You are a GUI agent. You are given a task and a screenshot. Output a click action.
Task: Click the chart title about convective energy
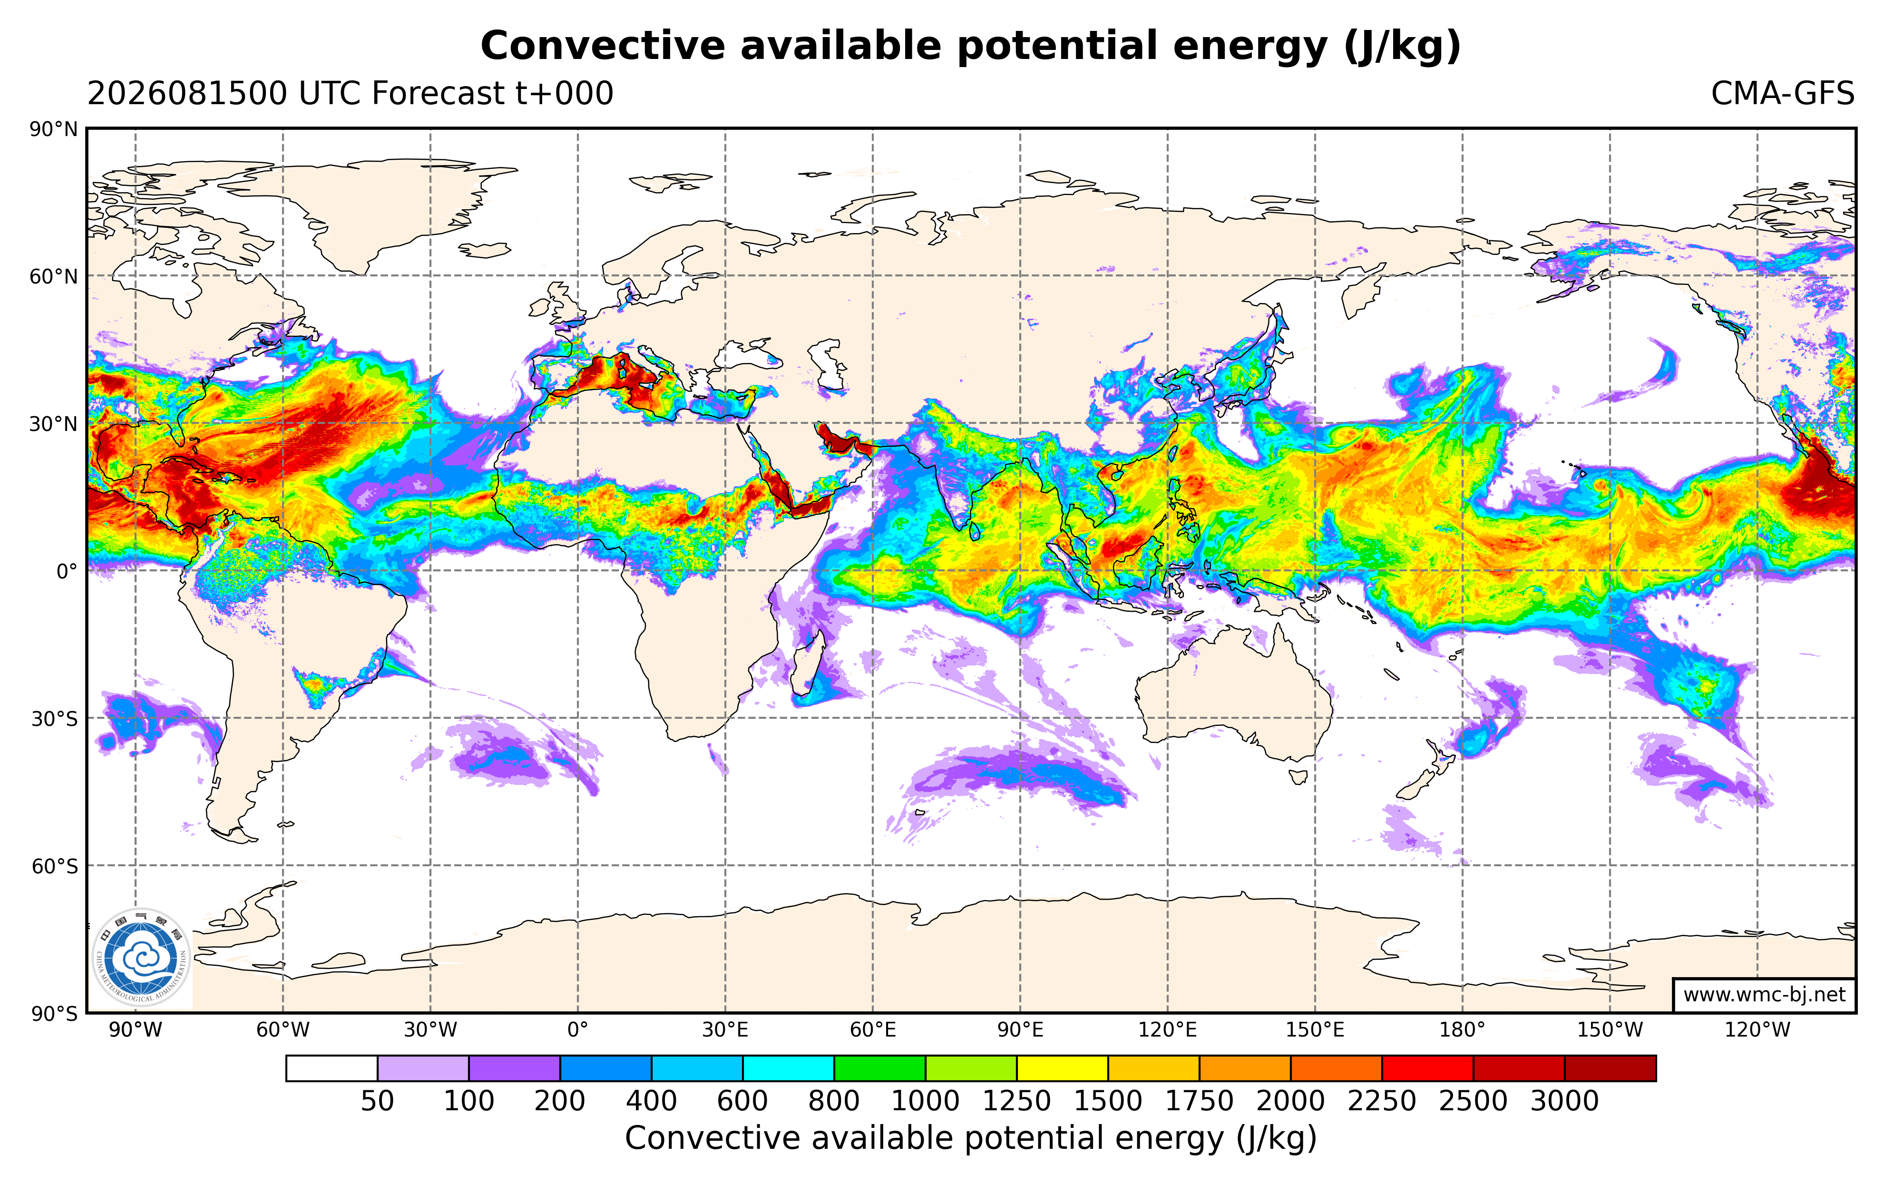970,46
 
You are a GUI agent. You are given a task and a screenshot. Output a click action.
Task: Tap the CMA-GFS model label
1782,94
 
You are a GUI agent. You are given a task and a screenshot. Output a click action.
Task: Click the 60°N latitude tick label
54,276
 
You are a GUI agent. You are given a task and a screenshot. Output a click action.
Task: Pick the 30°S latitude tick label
54,718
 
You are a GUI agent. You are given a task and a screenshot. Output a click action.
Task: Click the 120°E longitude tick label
1167,1030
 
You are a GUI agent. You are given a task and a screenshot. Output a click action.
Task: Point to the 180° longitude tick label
1462,1030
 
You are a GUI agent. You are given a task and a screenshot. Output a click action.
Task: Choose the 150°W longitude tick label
1610,1030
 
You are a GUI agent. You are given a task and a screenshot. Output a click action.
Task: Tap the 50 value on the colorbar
377,1101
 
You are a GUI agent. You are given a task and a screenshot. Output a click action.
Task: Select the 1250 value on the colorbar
1016,1101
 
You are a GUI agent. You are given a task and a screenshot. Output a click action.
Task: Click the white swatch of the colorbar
332,1068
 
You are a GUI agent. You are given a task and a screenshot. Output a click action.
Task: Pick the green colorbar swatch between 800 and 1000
879,1068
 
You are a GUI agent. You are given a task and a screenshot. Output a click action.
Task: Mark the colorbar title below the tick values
971,1139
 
